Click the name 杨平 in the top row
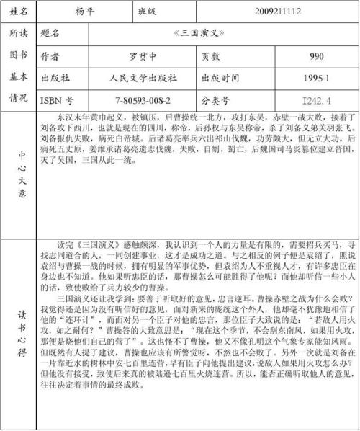(x=85, y=12)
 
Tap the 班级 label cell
(x=146, y=12)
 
